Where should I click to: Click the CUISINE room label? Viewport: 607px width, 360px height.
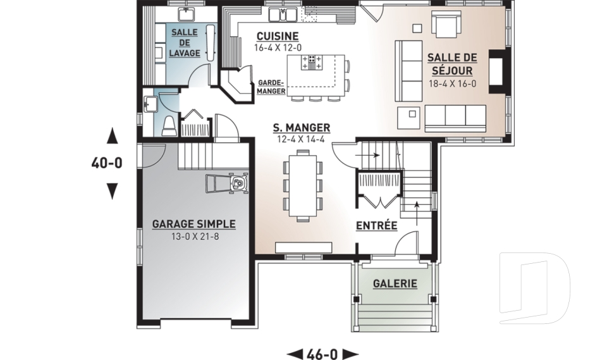(278, 37)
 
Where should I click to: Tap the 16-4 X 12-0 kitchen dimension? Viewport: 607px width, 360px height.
(278, 47)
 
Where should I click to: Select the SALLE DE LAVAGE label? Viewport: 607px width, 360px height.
(185, 42)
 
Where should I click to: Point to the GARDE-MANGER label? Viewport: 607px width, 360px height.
(271, 87)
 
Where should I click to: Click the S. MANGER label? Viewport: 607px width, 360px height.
(302, 128)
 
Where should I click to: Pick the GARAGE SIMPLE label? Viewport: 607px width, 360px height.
(193, 224)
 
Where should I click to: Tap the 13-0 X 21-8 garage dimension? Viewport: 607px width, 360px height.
(195, 236)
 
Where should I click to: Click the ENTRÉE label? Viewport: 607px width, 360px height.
(377, 225)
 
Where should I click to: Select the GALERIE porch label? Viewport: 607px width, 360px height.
(395, 283)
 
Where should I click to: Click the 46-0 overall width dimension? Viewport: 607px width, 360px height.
(322, 354)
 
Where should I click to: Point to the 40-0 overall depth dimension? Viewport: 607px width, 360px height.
(107, 163)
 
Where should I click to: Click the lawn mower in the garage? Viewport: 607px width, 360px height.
(226, 183)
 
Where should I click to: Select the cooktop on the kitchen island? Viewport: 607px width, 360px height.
(312, 63)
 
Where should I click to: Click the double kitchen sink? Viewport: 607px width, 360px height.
(283, 14)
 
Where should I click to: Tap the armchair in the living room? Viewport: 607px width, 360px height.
(446, 23)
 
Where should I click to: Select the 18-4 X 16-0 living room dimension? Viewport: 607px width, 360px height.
(452, 84)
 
